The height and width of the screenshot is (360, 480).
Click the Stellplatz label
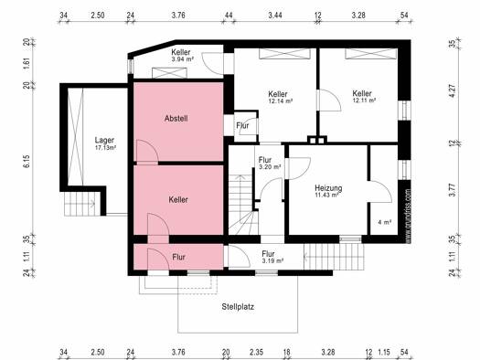[x=238, y=307]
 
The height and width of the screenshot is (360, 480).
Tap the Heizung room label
[x=328, y=188]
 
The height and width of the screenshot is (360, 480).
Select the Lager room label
[x=104, y=141]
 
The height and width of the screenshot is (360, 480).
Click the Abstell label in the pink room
[x=176, y=119]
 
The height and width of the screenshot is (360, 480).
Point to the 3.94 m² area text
[x=183, y=59]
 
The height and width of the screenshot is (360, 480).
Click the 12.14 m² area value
[x=280, y=101]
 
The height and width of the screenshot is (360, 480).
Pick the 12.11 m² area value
[x=364, y=100]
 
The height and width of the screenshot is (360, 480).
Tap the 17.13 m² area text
[x=106, y=148]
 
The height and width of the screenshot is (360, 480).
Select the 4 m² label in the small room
[x=385, y=222]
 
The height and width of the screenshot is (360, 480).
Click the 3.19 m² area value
[x=272, y=261]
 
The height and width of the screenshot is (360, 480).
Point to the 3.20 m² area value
[x=270, y=167]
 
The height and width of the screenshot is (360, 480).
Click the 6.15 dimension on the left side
[x=27, y=161]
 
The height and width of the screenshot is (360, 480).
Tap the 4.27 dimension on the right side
[x=453, y=90]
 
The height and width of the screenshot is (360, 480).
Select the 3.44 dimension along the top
[x=275, y=15]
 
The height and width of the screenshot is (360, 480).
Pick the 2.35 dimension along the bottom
[x=256, y=352]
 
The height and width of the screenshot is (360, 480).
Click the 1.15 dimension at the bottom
[x=384, y=352]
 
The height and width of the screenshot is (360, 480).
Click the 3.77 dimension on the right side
[x=453, y=190]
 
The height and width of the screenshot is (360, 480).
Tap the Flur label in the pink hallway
[x=179, y=257]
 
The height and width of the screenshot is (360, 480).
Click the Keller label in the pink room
[x=178, y=200]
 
